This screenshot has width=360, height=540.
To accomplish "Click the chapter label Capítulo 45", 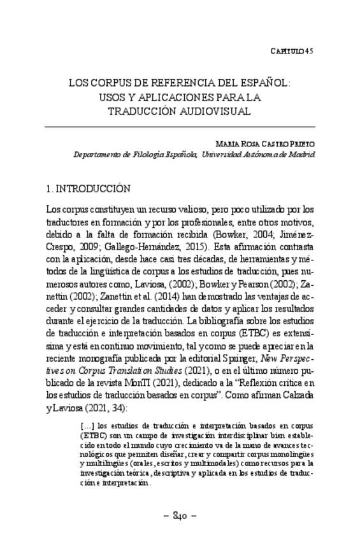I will pyautogui.click(x=291, y=50).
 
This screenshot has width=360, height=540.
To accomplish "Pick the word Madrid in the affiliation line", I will pyautogui.click(x=302, y=154).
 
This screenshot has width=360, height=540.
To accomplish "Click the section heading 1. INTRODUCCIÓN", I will pyautogui.click(x=89, y=189).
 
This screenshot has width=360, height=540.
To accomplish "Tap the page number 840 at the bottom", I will pyautogui.click(x=180, y=515).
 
